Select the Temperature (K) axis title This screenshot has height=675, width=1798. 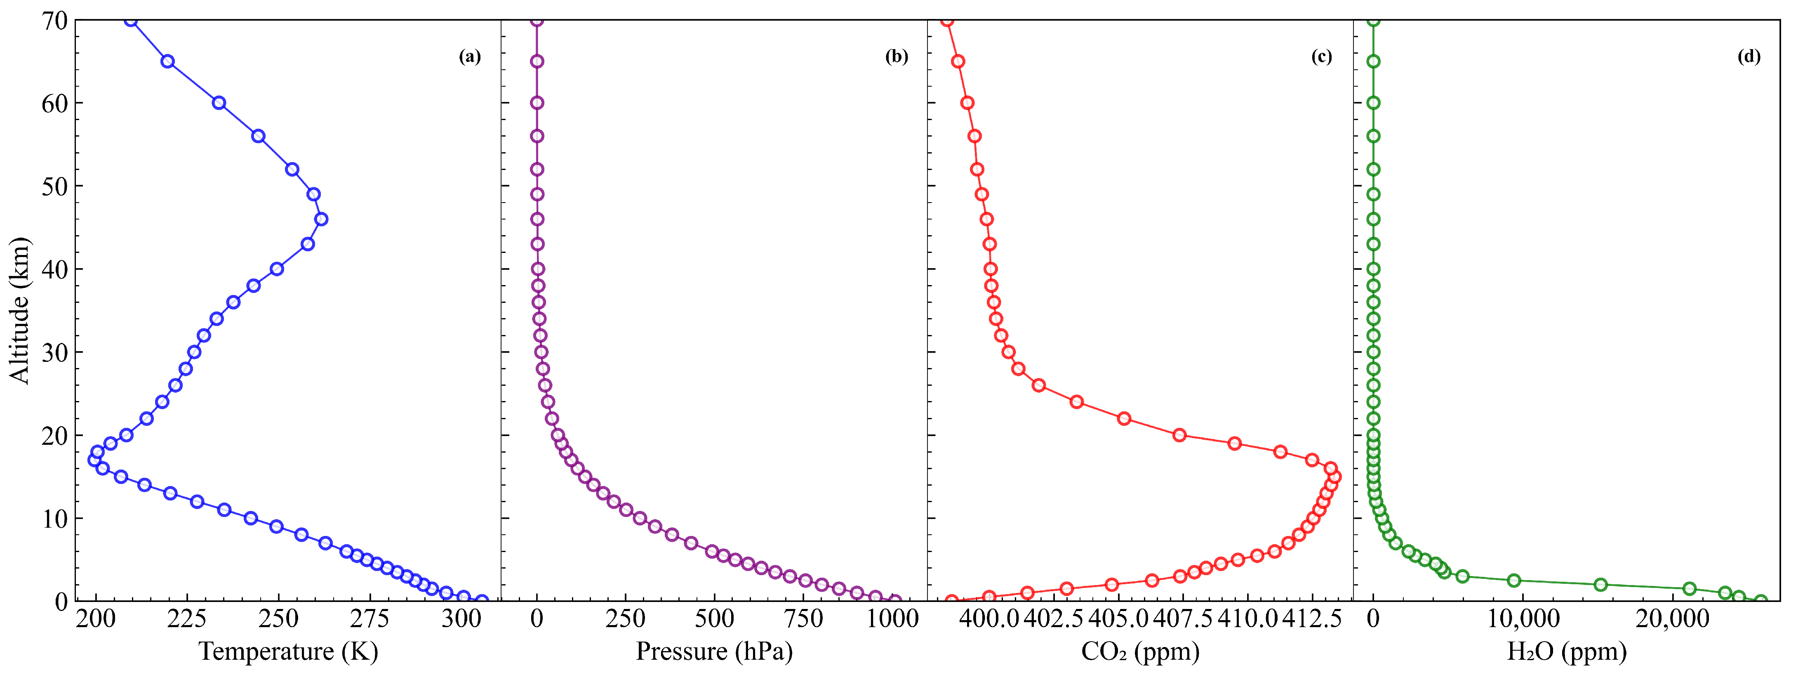(288, 651)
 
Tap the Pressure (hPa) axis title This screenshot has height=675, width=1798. (714, 651)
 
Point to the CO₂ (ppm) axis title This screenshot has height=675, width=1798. (1140, 651)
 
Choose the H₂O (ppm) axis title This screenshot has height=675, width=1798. (1566, 651)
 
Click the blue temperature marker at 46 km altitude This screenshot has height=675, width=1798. (321, 219)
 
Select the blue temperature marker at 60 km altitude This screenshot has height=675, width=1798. (219, 103)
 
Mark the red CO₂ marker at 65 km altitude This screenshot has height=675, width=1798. (958, 61)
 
